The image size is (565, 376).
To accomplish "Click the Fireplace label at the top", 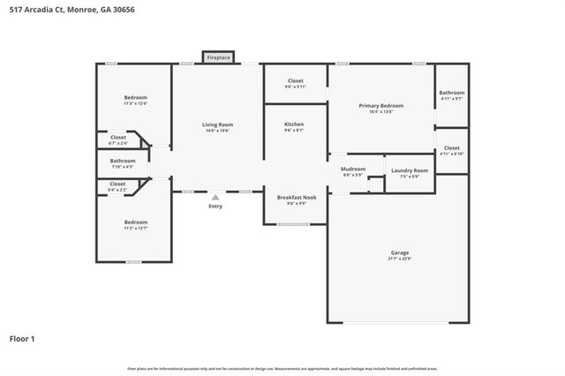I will (x=218, y=57).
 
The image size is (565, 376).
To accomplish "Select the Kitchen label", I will (x=294, y=124).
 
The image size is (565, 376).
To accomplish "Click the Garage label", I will (x=399, y=252).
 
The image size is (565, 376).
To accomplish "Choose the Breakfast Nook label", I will (x=297, y=197).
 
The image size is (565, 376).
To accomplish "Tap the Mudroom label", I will (x=353, y=168).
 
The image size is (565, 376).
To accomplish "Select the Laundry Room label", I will (x=410, y=169).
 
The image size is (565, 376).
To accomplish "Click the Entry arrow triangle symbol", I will (x=215, y=198).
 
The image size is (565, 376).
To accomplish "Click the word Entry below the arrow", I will (x=215, y=207).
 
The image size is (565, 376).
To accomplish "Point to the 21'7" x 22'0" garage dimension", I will (x=399, y=259).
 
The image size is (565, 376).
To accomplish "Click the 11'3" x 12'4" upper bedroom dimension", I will (x=135, y=103).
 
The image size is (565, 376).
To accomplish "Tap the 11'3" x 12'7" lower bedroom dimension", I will (x=135, y=228).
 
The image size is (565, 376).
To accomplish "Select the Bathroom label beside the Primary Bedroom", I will (x=452, y=93).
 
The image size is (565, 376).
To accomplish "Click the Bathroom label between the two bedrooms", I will (x=123, y=161).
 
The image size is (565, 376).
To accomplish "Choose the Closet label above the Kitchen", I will (x=296, y=80).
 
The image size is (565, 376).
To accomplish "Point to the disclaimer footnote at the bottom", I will (x=282, y=368).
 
